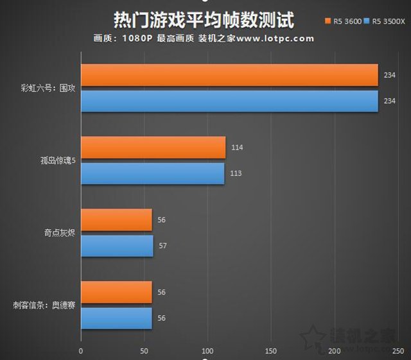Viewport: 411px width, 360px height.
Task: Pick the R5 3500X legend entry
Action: [383, 22]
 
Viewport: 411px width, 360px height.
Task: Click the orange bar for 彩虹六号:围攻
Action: [229, 74]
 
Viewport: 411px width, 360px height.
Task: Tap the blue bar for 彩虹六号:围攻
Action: [229, 101]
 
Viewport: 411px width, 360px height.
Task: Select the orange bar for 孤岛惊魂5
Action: [153, 147]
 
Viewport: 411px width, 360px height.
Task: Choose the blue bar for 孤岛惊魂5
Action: [152, 173]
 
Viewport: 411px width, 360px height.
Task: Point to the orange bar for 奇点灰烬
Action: [116, 219]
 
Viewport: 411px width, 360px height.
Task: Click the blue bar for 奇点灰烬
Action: [117, 246]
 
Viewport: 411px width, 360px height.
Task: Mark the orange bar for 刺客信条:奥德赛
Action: [116, 292]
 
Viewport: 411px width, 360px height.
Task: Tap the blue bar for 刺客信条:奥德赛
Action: [116, 318]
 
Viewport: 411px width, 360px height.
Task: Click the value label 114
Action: [237, 148]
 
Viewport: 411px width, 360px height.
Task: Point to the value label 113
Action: [236, 174]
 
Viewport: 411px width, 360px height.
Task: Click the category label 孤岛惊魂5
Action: [58, 160]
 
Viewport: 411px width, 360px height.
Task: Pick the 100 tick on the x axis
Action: [207, 351]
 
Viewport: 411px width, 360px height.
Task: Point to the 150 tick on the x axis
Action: [271, 351]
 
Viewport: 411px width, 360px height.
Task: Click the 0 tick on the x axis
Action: [81, 351]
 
